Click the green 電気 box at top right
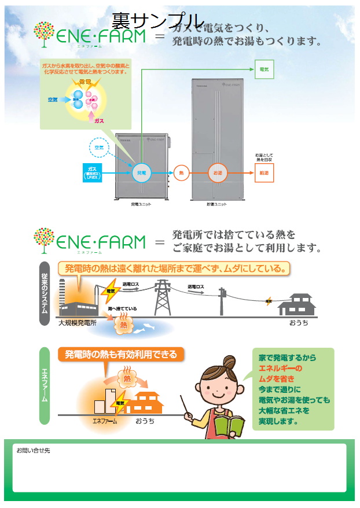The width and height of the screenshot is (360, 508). (264, 69)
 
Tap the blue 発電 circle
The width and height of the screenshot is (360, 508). (141, 172)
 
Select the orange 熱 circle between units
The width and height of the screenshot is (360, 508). (182, 172)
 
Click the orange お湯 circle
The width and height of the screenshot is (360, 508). (217, 172)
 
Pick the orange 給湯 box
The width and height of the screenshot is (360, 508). (264, 172)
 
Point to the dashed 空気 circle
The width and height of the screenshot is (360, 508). (99, 148)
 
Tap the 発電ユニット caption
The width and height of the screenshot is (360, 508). (141, 205)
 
